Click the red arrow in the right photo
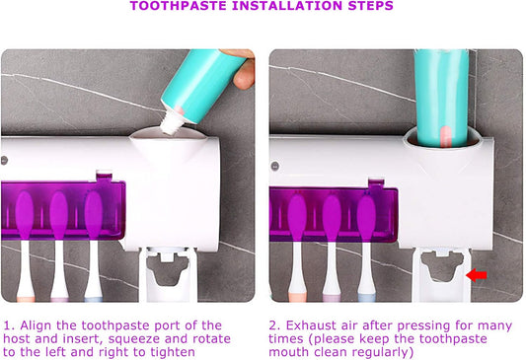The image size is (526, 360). coord(477,275)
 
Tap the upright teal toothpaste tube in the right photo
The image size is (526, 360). coord(441,98)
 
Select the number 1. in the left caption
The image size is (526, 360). coord(10,325)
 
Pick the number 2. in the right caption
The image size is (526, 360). coord(275,325)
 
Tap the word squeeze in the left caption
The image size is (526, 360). coord(134,339)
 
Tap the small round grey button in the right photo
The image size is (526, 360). coord(274,166)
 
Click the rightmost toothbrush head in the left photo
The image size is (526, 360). coord(93,215)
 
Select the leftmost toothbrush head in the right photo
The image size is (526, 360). coord(296,217)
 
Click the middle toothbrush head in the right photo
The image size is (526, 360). coord(332,217)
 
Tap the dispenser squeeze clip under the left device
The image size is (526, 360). coord(168,273)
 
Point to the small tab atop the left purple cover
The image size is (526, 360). coord(104,176)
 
